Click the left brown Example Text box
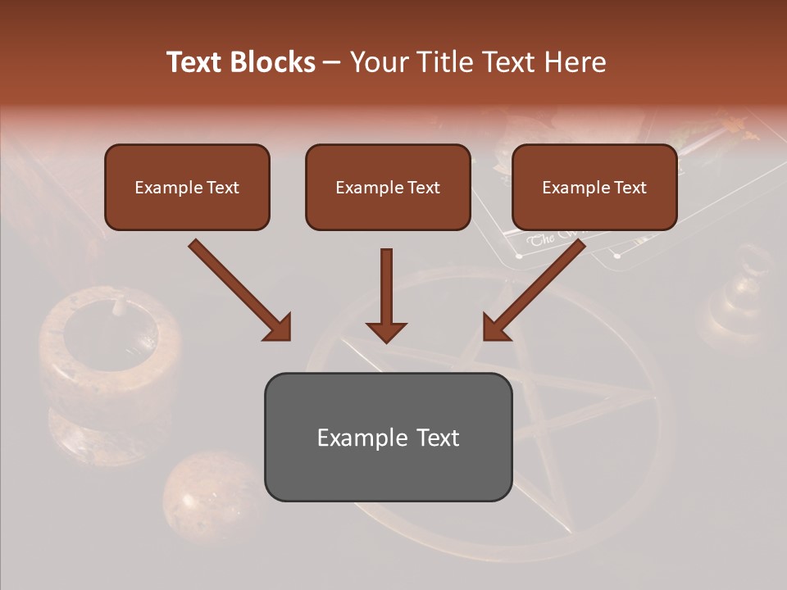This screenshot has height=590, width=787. click(187, 187)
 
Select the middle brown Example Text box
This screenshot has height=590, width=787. click(388, 187)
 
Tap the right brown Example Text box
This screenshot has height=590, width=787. click(594, 187)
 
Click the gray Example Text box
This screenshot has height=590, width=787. click(388, 437)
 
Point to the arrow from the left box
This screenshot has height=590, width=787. click(238, 288)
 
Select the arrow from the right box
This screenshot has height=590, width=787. click(536, 288)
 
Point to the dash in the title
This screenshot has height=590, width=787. click(333, 62)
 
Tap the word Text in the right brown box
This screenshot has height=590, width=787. click(630, 187)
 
